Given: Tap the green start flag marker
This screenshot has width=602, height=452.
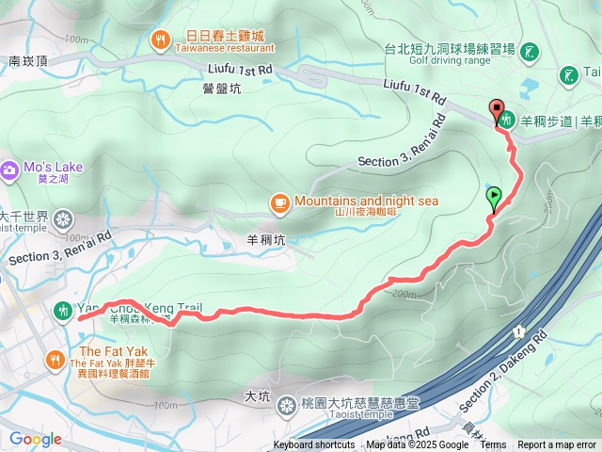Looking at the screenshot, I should [x=494, y=198].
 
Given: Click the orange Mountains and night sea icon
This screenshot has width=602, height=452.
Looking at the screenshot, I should [x=279, y=202].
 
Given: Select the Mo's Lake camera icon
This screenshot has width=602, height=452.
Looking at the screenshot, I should [x=9, y=170].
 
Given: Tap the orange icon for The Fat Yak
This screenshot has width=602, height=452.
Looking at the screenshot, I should [x=55, y=358].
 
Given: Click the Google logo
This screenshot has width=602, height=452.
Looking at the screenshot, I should [x=35, y=439].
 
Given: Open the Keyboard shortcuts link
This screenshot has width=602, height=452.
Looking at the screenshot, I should [x=314, y=445].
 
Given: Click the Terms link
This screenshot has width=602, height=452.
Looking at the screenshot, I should [x=493, y=445].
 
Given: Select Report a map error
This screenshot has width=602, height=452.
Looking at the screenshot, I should [x=557, y=445].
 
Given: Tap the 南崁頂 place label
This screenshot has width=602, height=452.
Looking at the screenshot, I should [x=27, y=60].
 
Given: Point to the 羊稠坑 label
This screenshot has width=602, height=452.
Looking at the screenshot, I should [x=263, y=238].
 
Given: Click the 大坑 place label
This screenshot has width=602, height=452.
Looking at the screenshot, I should [x=257, y=395].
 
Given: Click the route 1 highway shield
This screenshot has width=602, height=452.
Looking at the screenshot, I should [x=517, y=331].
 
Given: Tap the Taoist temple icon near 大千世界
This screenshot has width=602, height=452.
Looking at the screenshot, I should [x=62, y=220].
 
